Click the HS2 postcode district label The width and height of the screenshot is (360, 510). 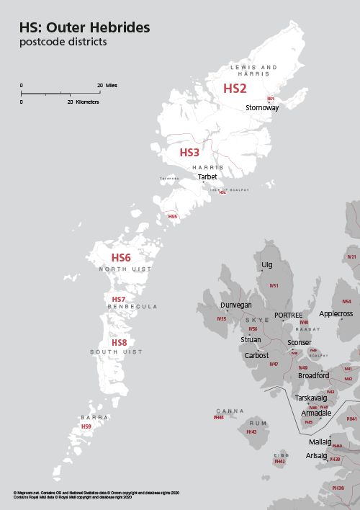coord(235,89)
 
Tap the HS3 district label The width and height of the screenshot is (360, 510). coord(189,153)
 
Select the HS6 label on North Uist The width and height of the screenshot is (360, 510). coord(121,257)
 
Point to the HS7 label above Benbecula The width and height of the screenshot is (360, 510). coord(119,299)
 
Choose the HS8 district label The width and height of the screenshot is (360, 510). coord(119,342)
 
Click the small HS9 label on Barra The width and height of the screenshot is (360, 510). coord(86,426)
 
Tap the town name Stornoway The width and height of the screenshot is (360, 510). coord(262,107)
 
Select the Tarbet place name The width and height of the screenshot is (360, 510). coord(207,176)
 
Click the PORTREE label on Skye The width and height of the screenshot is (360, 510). coord(288,316)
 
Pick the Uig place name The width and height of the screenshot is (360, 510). coord(267,265)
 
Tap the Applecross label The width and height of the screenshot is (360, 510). coord(336,314)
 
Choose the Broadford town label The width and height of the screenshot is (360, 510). coord(313,375)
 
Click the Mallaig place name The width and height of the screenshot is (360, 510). coord(320,442)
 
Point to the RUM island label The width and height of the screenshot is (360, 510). coord(252,424)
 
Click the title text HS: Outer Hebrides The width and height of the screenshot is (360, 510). coord(85,27)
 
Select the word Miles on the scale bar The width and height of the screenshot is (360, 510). coord(112,85)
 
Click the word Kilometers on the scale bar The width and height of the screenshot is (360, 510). coord(84,102)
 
